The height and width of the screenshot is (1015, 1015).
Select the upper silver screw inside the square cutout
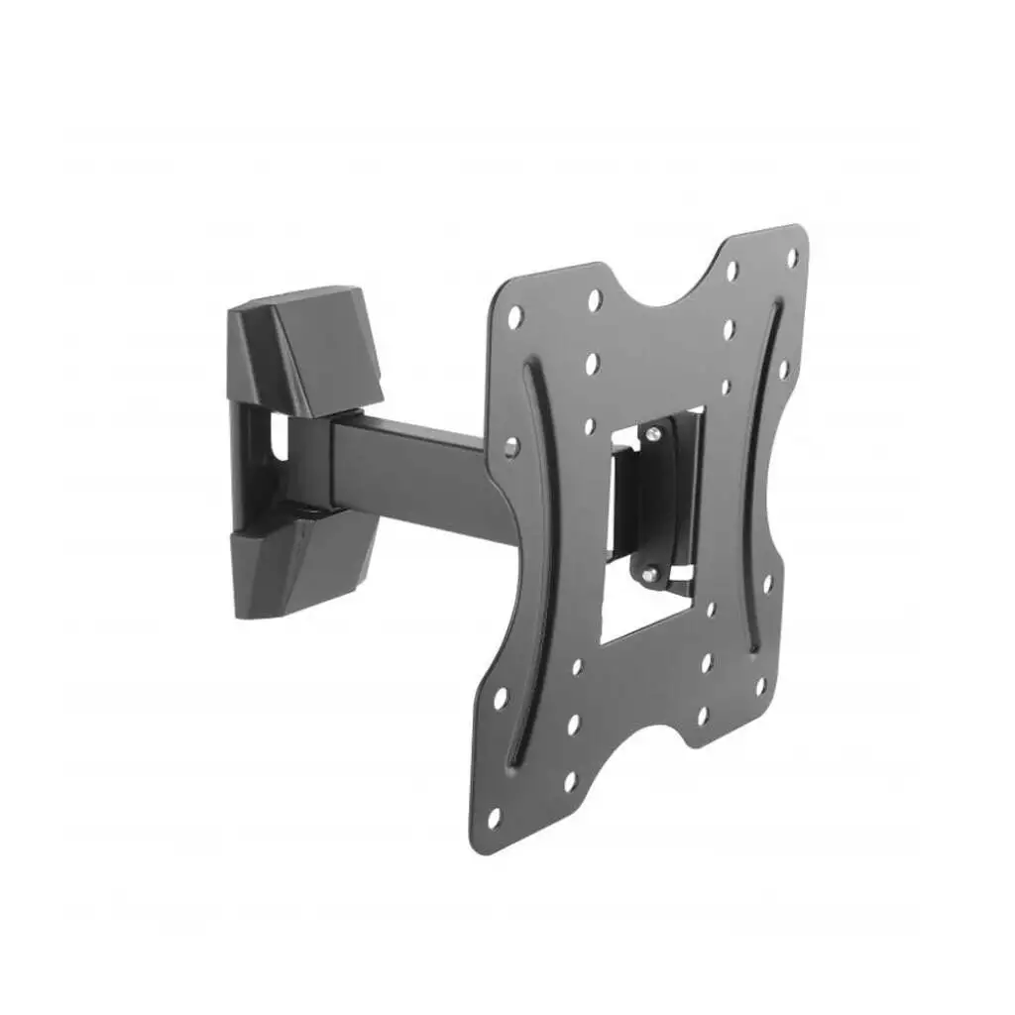tap(651, 433)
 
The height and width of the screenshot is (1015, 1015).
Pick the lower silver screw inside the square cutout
tap(650, 573)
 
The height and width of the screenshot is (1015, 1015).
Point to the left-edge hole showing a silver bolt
tap(511, 447)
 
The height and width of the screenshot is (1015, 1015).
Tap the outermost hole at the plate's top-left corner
tap(514, 317)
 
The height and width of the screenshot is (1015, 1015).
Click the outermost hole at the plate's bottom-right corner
tap(761, 685)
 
